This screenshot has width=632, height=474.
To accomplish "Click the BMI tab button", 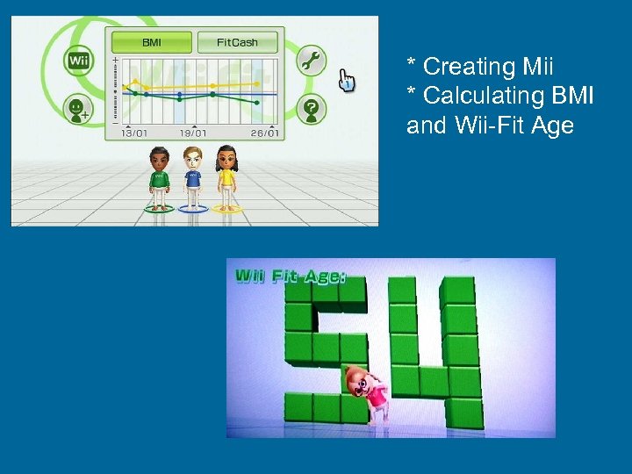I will [151, 41].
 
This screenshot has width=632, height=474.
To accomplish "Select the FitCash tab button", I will [237, 41].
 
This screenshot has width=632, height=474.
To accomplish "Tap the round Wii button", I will [79, 61].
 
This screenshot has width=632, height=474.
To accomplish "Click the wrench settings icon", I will [310, 61].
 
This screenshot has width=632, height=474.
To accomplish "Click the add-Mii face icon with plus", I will [80, 110].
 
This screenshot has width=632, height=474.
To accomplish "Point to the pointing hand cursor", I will [348, 81].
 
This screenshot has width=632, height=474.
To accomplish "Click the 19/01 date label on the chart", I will [193, 133].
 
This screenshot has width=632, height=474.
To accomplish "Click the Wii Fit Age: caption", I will [290, 276].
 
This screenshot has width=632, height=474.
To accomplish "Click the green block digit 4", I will [434, 351].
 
